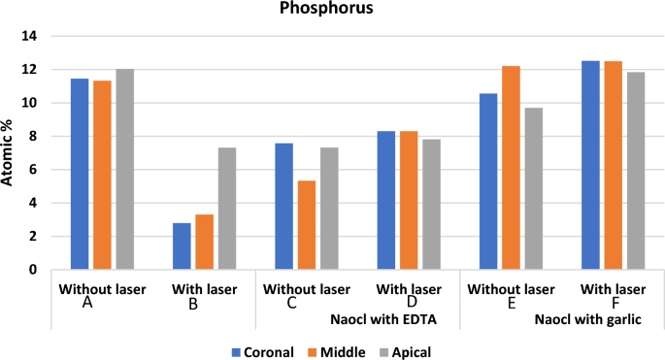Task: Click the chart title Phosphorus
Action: tap(331, 11)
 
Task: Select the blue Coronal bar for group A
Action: tap(80, 175)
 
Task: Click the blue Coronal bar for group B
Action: tap(182, 246)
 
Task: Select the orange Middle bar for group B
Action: tap(205, 243)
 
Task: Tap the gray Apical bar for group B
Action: tap(227, 209)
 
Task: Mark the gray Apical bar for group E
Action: tap(534, 188)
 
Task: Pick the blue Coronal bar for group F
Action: tap(590, 165)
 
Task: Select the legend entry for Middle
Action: tap(335, 352)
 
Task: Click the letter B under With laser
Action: tap(193, 303)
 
